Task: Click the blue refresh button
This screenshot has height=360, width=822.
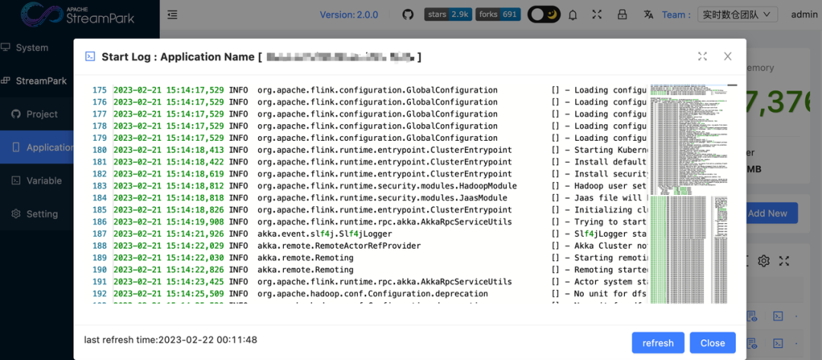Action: (658, 342)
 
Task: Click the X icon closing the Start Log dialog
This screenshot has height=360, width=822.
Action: (728, 56)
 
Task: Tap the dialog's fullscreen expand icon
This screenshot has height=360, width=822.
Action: (703, 56)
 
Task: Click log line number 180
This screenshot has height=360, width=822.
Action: (100, 150)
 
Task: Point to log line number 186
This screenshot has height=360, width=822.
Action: (100, 222)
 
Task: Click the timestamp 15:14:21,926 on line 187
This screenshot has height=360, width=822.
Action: (168, 234)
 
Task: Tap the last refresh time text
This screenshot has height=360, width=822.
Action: (170, 340)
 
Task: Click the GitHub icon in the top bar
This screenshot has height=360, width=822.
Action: (408, 14)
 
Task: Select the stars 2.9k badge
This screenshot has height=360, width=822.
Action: (448, 14)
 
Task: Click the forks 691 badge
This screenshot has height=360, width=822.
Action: (499, 14)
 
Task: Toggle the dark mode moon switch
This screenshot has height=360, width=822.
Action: (544, 14)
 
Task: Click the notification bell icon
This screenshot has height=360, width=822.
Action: (572, 14)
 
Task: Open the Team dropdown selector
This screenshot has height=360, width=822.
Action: (737, 14)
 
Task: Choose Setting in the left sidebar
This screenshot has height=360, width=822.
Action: (42, 214)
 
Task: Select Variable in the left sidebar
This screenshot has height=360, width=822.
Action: (44, 180)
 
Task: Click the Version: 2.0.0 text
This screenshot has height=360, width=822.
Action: (349, 14)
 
